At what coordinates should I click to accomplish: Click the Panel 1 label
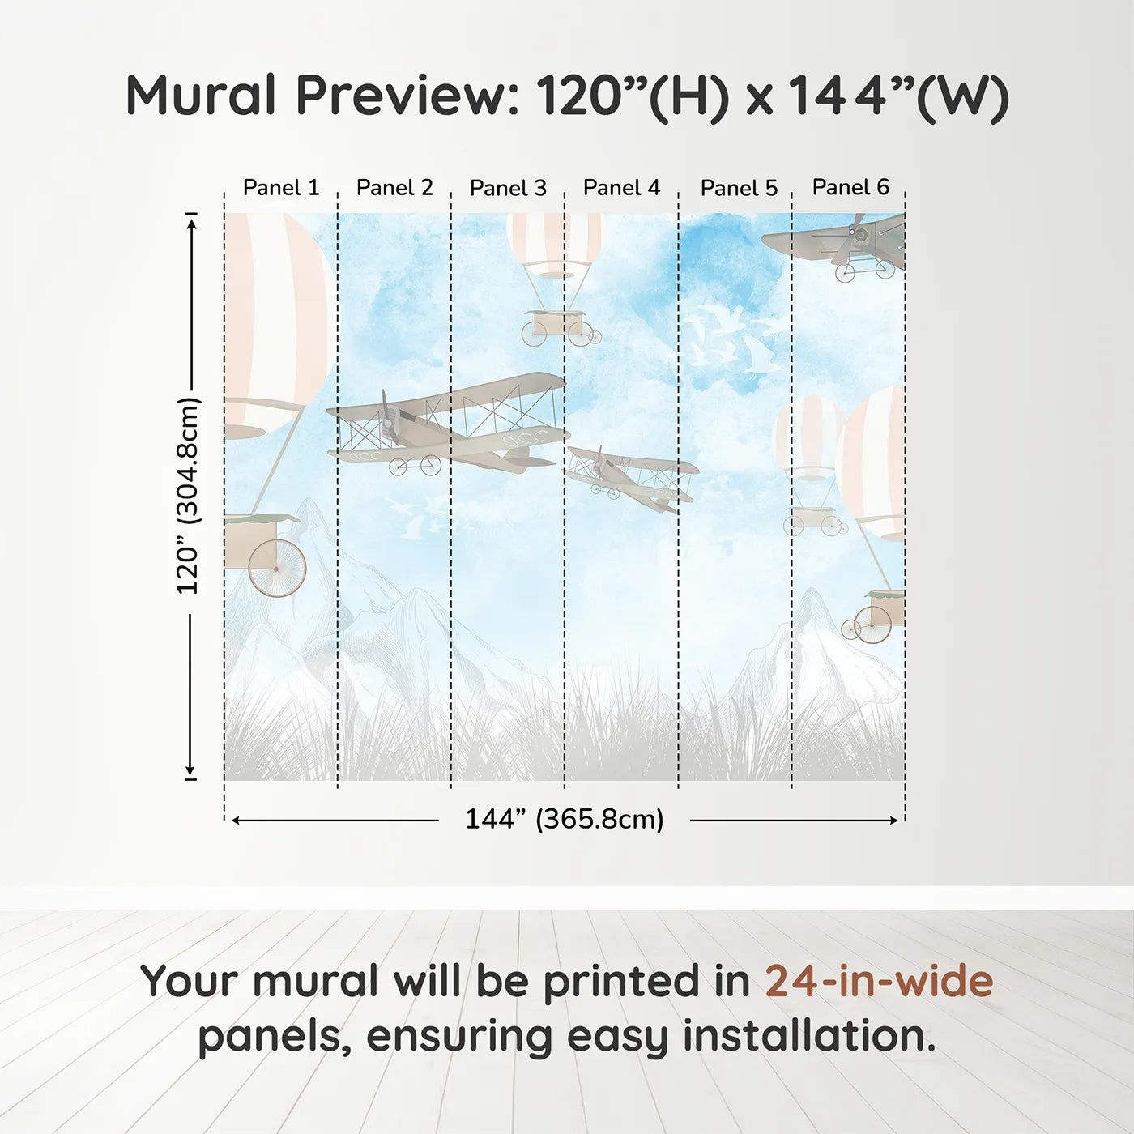click(281, 188)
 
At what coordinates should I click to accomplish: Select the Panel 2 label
click(394, 188)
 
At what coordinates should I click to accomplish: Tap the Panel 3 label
click(508, 188)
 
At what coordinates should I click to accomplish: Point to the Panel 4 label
click(621, 188)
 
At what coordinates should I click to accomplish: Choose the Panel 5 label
click(739, 188)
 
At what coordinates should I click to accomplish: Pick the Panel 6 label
click(850, 187)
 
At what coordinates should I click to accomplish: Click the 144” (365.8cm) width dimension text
click(564, 819)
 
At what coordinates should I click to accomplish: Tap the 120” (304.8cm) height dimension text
click(188, 496)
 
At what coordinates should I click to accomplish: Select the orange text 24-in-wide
click(879, 981)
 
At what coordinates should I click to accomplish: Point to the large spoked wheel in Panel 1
click(277, 569)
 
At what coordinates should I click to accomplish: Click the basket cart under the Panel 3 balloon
click(557, 326)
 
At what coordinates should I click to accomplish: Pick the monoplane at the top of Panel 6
click(838, 243)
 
